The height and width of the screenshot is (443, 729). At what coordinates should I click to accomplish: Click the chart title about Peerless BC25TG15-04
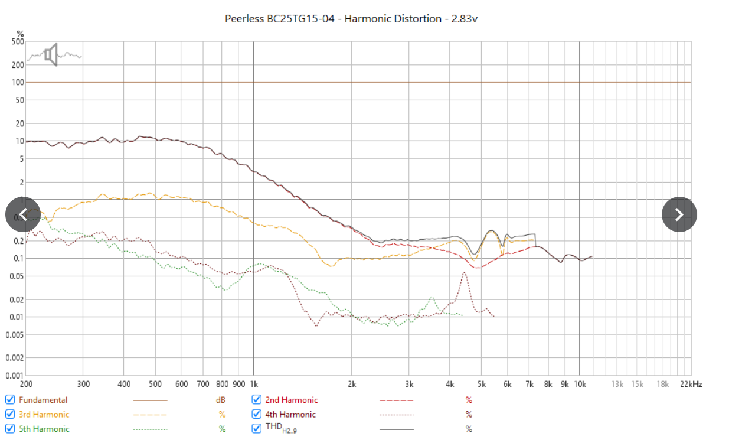[351, 18]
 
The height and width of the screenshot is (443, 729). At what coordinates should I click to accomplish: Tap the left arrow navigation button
[23, 214]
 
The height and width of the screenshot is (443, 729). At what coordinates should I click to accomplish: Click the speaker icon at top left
[51, 54]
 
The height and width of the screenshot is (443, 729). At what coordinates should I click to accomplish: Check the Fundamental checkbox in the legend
[10, 400]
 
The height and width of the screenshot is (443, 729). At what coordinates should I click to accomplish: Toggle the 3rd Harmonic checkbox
[10, 415]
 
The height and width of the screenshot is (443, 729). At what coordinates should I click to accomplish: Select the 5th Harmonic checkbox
[10, 429]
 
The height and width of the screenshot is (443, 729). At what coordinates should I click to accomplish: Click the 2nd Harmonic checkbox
[257, 400]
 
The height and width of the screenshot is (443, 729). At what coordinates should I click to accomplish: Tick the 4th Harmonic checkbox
[257, 415]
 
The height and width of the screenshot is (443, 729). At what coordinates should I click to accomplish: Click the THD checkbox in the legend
[257, 429]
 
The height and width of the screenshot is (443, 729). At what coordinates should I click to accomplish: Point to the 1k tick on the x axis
[253, 384]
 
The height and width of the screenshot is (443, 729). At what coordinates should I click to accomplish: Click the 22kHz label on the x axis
[690, 384]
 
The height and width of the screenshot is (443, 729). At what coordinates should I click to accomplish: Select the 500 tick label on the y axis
[18, 42]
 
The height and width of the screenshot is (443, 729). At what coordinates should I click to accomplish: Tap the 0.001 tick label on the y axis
[15, 375]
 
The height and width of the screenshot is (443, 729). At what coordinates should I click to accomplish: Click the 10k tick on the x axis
[579, 384]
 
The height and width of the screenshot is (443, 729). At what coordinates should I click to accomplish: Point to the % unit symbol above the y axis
[20, 33]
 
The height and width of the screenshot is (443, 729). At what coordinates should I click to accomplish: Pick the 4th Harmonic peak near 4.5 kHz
[465, 273]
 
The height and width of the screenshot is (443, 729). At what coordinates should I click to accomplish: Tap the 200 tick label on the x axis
[26, 384]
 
